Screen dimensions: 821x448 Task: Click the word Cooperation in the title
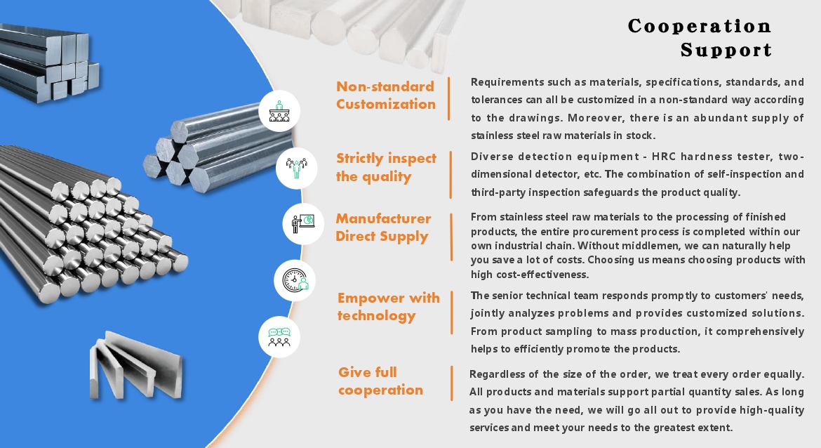pyautogui.click(x=699, y=26)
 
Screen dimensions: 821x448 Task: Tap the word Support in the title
pyautogui.click(x=726, y=51)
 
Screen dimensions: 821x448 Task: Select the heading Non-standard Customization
pyautogui.click(x=386, y=95)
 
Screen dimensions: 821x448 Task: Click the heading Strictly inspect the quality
pyautogui.click(x=387, y=167)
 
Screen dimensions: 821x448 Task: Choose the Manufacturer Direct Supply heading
pyautogui.click(x=383, y=228)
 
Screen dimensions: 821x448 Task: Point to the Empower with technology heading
pyautogui.click(x=389, y=307)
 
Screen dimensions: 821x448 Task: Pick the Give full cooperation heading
pyautogui.click(x=380, y=381)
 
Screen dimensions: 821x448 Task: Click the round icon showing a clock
pyautogui.click(x=295, y=280)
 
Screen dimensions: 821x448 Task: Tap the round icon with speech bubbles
pyautogui.click(x=279, y=337)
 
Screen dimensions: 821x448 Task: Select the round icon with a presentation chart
pyautogui.click(x=303, y=224)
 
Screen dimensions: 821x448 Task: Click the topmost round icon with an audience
pyautogui.click(x=279, y=111)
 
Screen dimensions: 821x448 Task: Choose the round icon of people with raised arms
pyautogui.click(x=296, y=169)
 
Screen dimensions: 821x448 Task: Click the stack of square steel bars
pyautogui.click(x=47, y=62)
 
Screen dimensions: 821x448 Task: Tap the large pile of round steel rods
pyautogui.click(x=89, y=225)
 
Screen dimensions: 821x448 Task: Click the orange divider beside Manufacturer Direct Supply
pyautogui.click(x=451, y=237)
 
